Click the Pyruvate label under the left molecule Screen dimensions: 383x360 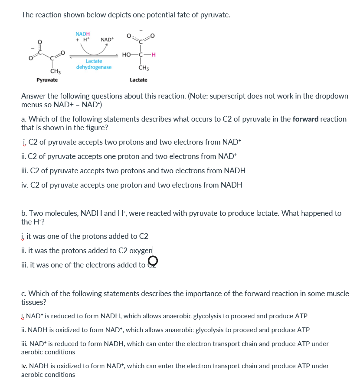tap(47, 80)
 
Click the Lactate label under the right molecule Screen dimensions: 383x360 tap(138, 80)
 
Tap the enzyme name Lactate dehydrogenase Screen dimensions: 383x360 tap(94, 64)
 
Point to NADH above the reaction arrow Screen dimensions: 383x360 tap(82, 34)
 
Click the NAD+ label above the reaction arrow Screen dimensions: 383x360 tap(107, 40)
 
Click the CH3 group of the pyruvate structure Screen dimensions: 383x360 tap(55, 71)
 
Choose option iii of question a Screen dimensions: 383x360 tap(133, 171)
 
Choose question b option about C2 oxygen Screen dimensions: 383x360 tap(87, 251)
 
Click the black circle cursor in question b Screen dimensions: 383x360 tap(153, 261)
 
